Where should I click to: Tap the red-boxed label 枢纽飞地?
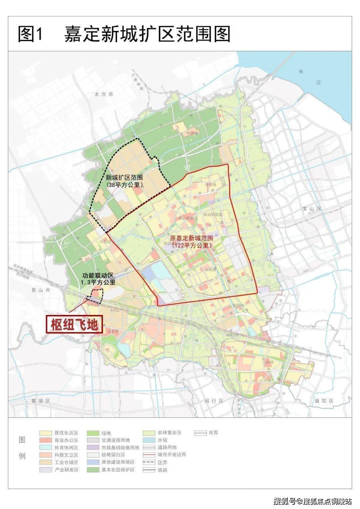tap(74, 324)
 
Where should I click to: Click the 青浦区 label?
tap(40, 401)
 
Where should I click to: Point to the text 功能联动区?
tap(98, 276)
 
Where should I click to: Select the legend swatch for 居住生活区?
tap(46, 433)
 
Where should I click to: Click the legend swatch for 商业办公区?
tap(46, 440)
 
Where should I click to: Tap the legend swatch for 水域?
tap(149, 440)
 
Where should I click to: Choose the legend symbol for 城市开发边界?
tap(149, 455)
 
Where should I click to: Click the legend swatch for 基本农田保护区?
tap(93, 470)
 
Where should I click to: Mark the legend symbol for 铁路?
tap(149, 470)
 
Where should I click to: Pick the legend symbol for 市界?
tap(200, 433)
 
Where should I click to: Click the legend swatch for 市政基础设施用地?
tap(93, 448)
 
